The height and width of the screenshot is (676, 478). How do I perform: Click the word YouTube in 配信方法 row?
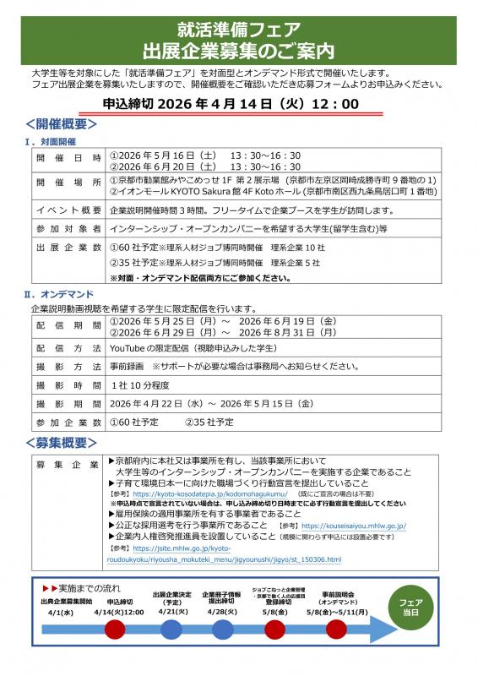tap(129, 347)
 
